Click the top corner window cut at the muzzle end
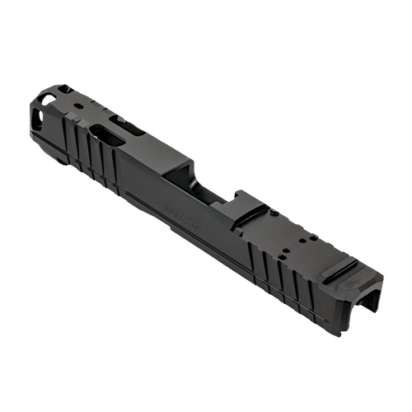click(48, 98)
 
